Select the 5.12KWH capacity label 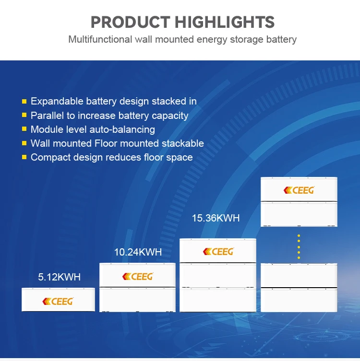tap(59, 277)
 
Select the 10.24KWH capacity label tap(138, 252)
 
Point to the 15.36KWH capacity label tap(216, 218)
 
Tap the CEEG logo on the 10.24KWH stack tap(137, 276)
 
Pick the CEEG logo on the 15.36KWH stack tap(218, 251)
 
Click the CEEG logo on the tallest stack tap(299, 190)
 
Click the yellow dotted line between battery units tap(299, 246)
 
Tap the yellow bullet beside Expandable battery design tap(24, 102)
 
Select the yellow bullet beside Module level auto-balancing tap(24, 129)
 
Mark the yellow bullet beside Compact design tap(24, 158)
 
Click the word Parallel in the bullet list tap(47, 116)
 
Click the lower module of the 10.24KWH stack tap(137, 300)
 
